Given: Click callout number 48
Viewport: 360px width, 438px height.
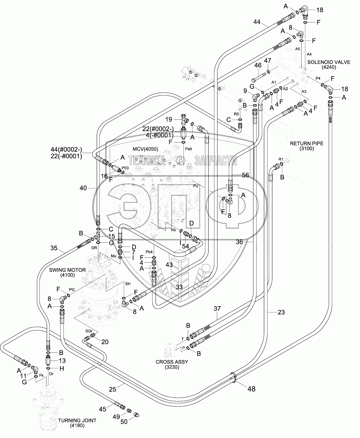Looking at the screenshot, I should tap(251, 389).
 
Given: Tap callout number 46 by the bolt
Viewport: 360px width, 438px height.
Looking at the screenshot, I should tap(257, 66).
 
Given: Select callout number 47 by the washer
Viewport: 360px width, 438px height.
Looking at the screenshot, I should tap(268, 60).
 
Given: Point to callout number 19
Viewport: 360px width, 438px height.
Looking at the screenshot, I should tap(169, 119).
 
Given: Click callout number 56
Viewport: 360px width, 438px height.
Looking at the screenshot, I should tap(245, 175).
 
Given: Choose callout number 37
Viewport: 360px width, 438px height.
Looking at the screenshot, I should tap(217, 309).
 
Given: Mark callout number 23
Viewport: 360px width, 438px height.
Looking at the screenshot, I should tap(281, 312).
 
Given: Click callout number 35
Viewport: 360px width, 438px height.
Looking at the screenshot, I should tap(54, 248).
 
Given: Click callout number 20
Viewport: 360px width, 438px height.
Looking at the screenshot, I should tap(105, 342).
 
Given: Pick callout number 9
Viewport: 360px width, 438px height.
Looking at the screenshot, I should tap(245, 91).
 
